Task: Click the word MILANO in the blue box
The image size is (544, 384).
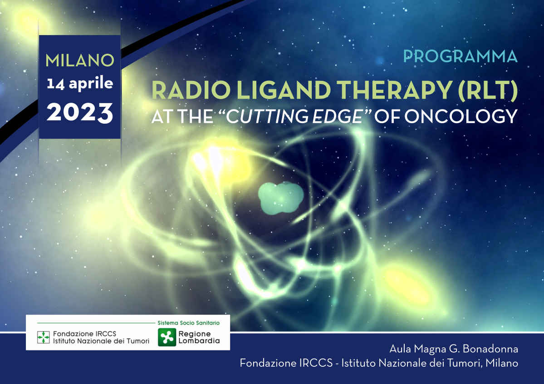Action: pyautogui.click(x=80, y=60)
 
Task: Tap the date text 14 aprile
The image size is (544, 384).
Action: pyautogui.click(x=80, y=84)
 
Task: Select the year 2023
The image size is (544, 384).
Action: pyautogui.click(x=80, y=113)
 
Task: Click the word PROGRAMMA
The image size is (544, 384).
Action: pyautogui.click(x=461, y=57)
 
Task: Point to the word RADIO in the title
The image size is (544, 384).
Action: pyautogui.click(x=191, y=90)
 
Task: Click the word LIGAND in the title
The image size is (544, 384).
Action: pyautogui.click(x=284, y=90)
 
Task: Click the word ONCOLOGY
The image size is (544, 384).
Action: pyautogui.click(x=461, y=116)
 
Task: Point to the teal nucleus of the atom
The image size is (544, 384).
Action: pyautogui.click(x=281, y=197)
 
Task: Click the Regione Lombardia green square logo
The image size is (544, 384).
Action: pyautogui.click(x=167, y=337)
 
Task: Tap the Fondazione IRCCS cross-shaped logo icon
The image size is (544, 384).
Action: pyautogui.click(x=44, y=337)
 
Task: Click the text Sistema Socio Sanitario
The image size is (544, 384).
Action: pyautogui.click(x=188, y=323)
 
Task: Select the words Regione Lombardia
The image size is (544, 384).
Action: pyautogui.click(x=199, y=337)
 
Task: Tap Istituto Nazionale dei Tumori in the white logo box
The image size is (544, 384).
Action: pyautogui.click(x=101, y=341)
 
